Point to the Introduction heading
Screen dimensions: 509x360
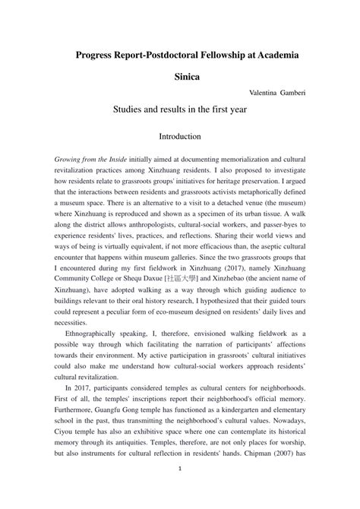click(179, 138)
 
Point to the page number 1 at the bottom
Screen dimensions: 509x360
click(180, 490)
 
